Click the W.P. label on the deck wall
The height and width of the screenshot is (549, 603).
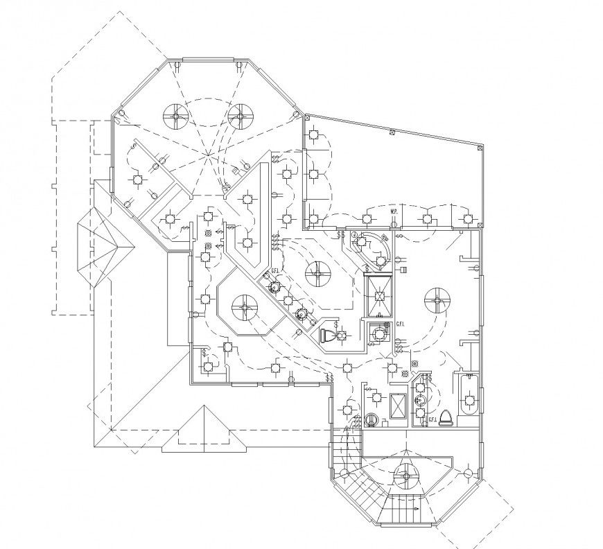click(393, 211)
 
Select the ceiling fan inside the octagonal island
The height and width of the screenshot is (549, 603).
click(245, 307)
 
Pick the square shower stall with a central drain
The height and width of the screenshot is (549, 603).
click(379, 295)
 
